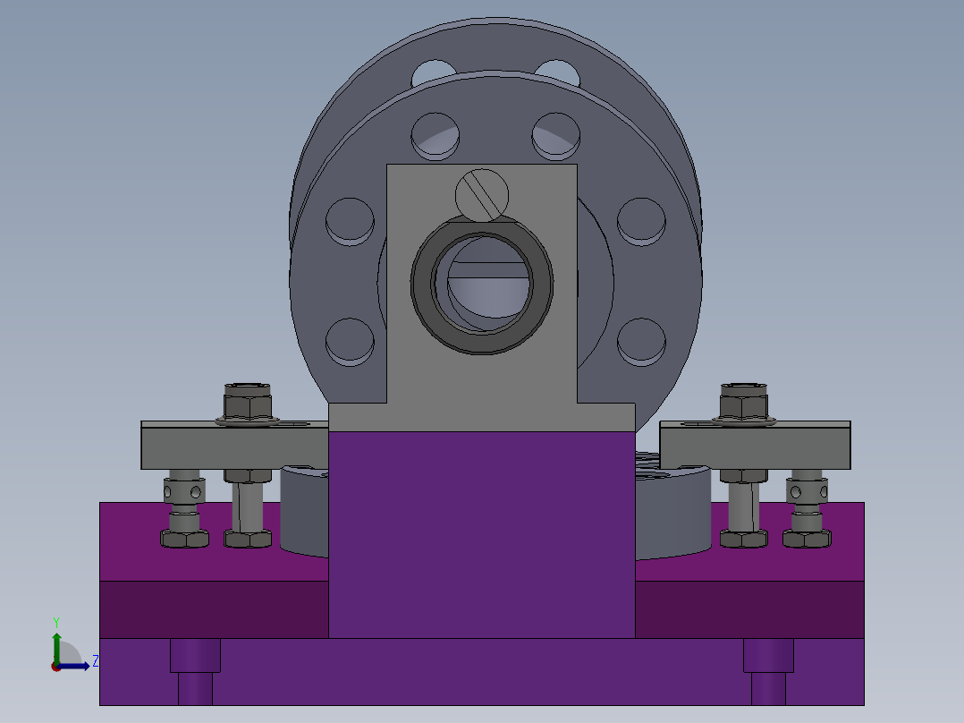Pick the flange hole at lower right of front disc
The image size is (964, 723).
tap(642, 341)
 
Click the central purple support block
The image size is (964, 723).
tap(482, 537)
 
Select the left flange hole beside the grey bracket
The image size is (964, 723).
tap(349, 220)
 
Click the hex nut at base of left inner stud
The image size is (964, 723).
tap(248, 538)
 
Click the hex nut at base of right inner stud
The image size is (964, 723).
tap(743, 538)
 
